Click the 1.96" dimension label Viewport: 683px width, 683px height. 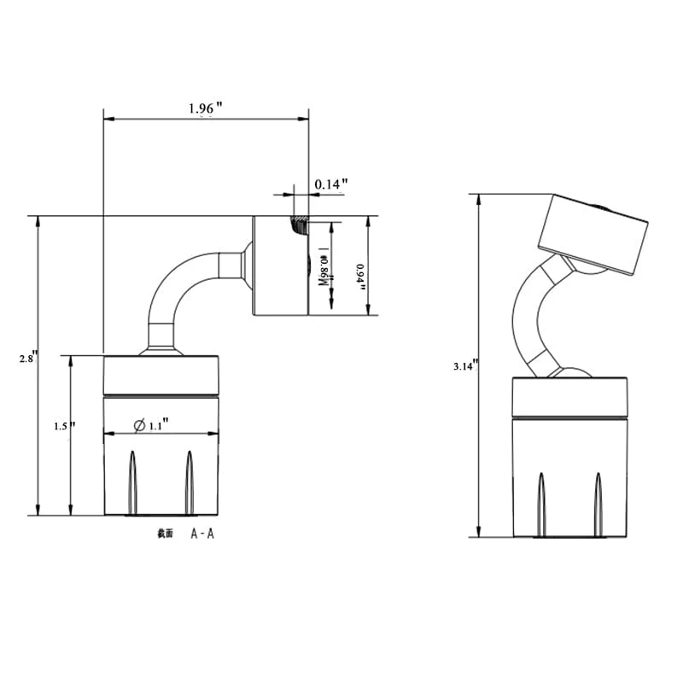205,108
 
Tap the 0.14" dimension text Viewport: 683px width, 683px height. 331,184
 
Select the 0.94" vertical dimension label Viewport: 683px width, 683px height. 359,277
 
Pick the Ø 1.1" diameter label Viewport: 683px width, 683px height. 153,424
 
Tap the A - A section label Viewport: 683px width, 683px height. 202,534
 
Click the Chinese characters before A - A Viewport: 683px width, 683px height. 165,534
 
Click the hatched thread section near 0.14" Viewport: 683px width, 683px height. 300,225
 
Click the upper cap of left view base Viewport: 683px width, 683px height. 161,375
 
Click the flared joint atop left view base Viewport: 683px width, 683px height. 161,348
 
